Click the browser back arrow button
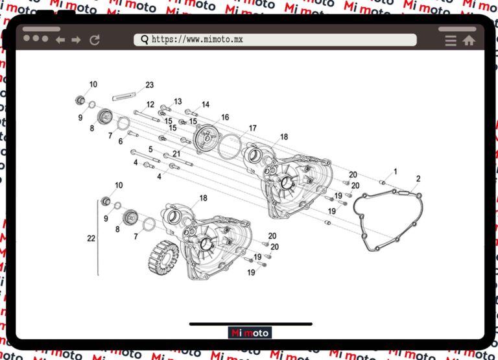pos(60,40)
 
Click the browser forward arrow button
pos(77,40)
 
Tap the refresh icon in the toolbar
pos(95,40)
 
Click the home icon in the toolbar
pos(469,40)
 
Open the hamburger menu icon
pos(451,40)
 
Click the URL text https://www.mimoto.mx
pos(197,40)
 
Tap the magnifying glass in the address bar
pos(144,40)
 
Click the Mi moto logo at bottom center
pos(250,333)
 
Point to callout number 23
pos(150,85)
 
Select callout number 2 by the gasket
pos(418,178)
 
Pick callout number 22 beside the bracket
pos(91,239)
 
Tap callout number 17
pos(253,128)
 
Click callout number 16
pos(225,117)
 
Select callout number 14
pos(206,104)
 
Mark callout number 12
pos(150,104)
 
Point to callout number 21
pos(176,154)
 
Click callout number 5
pos(150,149)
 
